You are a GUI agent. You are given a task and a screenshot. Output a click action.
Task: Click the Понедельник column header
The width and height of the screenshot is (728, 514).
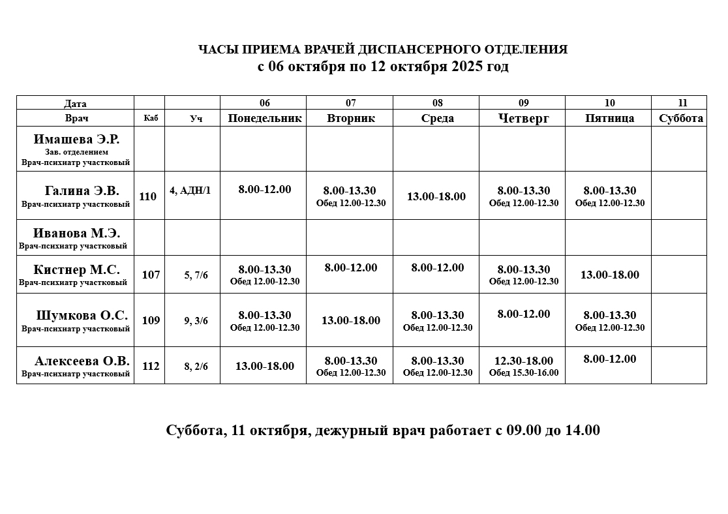[264, 118]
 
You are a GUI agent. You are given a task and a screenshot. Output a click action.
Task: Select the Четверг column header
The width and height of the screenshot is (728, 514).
[523, 118]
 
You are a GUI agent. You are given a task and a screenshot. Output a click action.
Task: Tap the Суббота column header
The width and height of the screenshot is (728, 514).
[681, 118]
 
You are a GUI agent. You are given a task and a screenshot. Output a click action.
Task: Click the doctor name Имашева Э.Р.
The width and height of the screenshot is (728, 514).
[76, 139]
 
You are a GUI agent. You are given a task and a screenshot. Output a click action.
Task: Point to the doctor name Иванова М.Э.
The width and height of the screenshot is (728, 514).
[76, 233]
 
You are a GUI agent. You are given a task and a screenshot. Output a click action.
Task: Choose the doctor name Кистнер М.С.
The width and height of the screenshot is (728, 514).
[76, 269]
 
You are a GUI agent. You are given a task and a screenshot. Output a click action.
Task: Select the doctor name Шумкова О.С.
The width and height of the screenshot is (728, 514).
[82, 315]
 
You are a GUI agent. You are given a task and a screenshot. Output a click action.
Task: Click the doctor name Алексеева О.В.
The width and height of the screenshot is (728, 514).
[82, 361]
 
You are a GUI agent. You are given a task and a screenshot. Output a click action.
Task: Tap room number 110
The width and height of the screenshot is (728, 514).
[148, 196]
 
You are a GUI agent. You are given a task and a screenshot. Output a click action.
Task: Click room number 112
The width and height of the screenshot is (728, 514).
[151, 366]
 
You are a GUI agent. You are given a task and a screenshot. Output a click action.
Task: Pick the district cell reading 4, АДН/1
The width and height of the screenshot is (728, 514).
[190, 190]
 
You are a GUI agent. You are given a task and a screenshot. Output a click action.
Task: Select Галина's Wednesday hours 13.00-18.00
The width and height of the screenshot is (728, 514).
[436, 196]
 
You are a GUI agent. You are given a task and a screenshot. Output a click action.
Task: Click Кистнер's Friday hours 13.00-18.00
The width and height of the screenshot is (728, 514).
[610, 275]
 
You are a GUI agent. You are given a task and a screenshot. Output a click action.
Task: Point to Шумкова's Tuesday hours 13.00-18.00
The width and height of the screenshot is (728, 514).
[351, 320]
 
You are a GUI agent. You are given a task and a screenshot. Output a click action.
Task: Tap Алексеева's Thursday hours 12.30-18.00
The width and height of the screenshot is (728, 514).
[524, 361]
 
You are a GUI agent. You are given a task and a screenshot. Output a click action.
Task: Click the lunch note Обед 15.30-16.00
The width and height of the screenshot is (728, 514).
[524, 373]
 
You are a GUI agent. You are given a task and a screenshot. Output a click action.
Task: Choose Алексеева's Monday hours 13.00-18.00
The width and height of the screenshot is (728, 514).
[265, 366]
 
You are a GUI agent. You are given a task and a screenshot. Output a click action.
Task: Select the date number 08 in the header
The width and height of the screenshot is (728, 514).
[437, 103]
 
